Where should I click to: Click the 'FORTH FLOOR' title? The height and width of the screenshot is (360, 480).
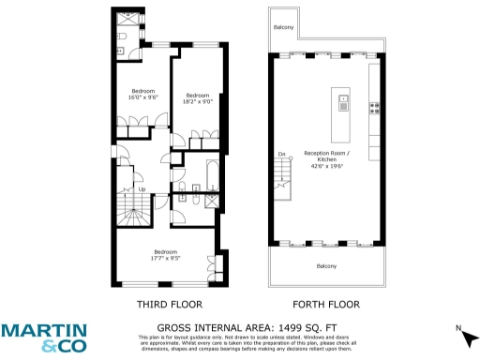click(x=325, y=305)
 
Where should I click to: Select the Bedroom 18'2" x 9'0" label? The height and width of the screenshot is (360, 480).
click(x=197, y=98)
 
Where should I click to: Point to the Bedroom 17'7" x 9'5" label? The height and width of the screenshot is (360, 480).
click(x=166, y=254)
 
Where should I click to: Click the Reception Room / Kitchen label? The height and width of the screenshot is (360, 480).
click(x=325, y=158)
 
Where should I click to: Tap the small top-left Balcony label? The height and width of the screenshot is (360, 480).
click(x=284, y=27)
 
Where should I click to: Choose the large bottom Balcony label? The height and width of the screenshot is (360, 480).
click(x=325, y=265)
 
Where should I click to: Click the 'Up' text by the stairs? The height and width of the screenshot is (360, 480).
click(x=142, y=189)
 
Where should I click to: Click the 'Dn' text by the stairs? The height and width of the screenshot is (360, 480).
click(x=281, y=153)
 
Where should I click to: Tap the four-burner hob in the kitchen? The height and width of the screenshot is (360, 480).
click(x=374, y=107)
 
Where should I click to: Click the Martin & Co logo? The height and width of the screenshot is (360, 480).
click(x=44, y=337)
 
